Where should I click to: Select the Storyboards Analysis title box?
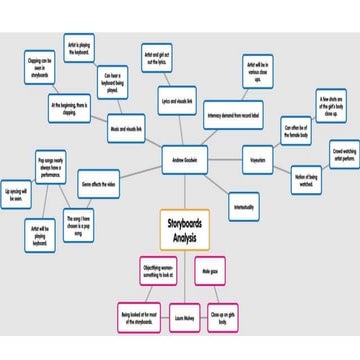coord(186,228)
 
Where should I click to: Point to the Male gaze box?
coord(209,271)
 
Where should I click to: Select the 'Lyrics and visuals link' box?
coord(178,103)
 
